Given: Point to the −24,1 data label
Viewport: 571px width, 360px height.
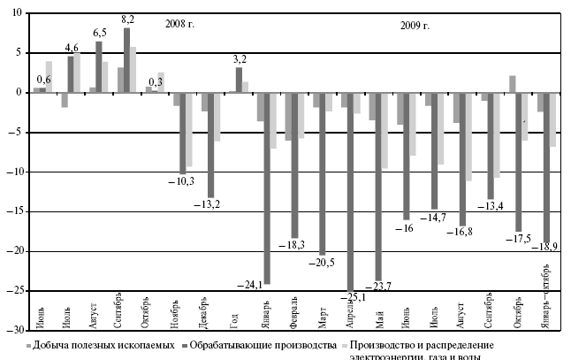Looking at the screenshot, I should pyautogui.click(x=251, y=284).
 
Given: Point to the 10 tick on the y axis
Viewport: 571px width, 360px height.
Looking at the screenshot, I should pyautogui.click(x=16, y=13).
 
